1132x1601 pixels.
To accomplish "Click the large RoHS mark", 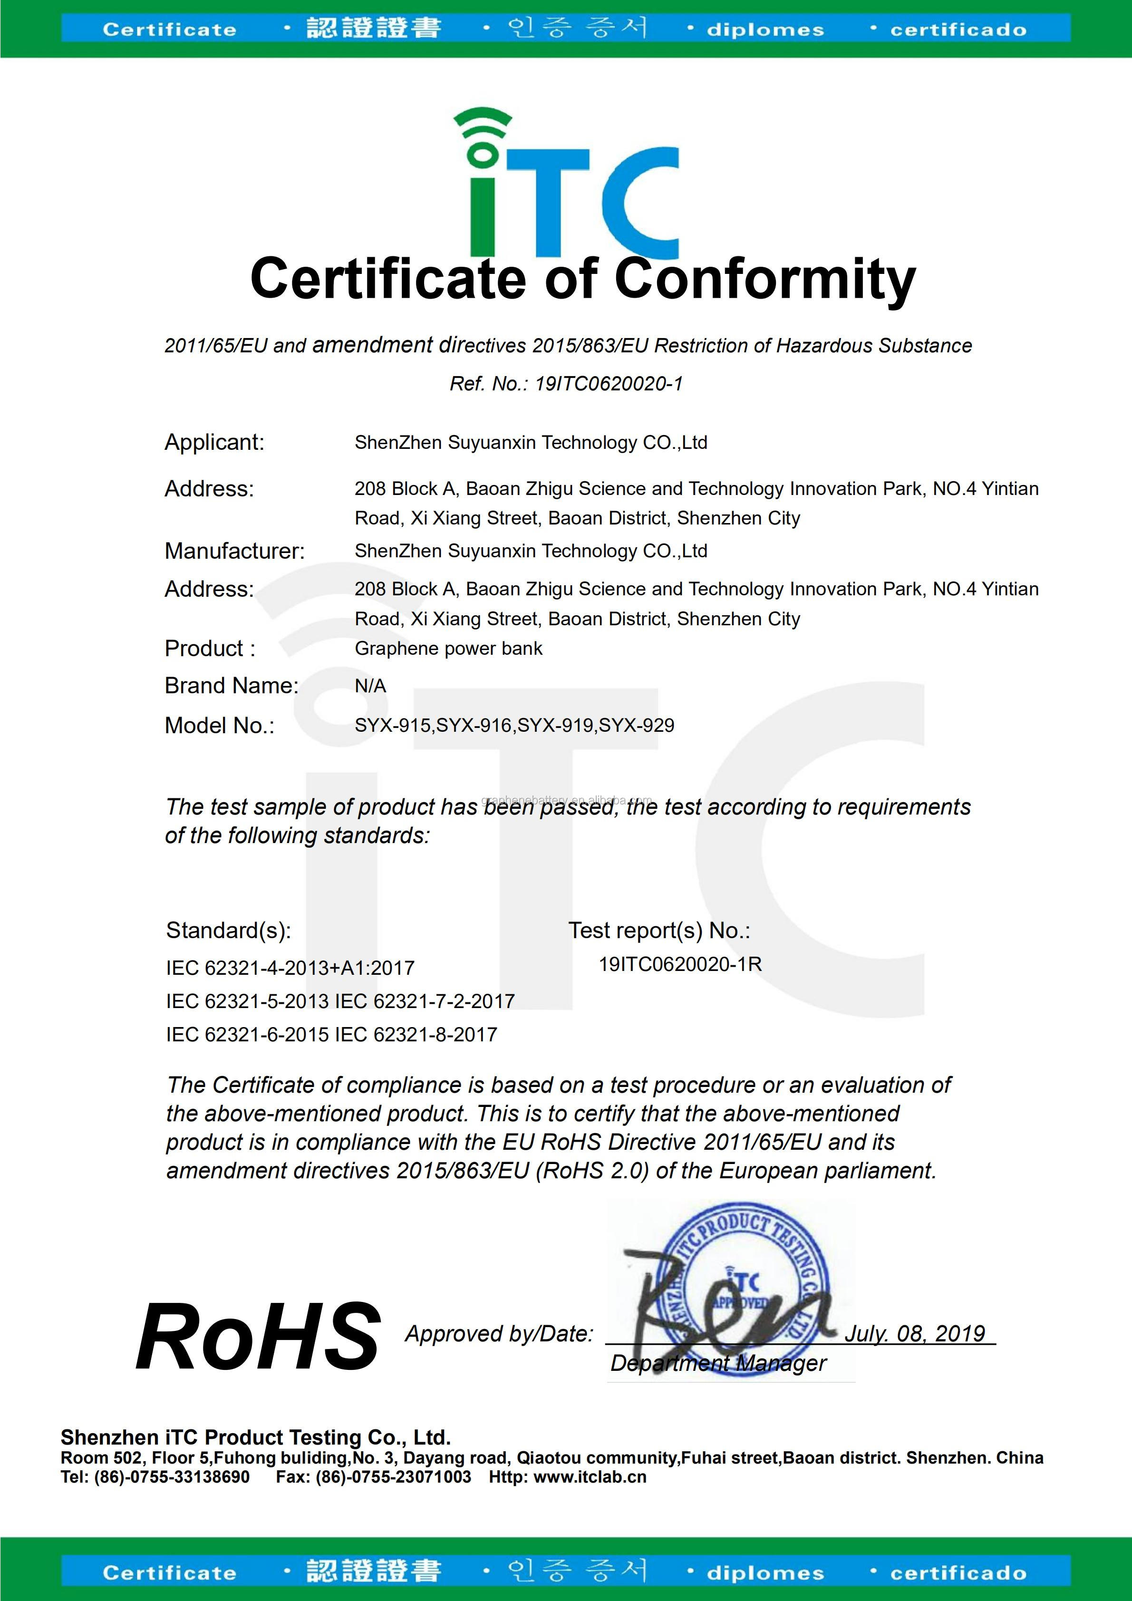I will pyautogui.click(x=258, y=1337).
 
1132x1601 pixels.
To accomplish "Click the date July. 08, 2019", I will pyautogui.click(x=915, y=1334).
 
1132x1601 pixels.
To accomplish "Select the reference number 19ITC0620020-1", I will pyautogui.click(x=609, y=384).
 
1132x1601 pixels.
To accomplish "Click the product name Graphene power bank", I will pyautogui.click(x=448, y=649).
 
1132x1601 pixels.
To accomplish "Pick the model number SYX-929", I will pyautogui.click(x=637, y=725).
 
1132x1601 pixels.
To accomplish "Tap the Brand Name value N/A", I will pyautogui.click(x=370, y=686).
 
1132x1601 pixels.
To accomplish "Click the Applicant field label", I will pyautogui.click(x=214, y=442).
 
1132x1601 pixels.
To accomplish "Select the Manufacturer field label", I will pyautogui.click(x=234, y=551).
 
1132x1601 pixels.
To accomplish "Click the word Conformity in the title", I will pyautogui.click(x=764, y=279).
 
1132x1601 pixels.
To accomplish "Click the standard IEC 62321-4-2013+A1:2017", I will pyautogui.click(x=290, y=968).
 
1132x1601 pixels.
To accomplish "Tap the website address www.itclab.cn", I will pyautogui.click(x=590, y=1477).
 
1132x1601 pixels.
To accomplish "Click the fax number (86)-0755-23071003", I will pyautogui.click(x=393, y=1477).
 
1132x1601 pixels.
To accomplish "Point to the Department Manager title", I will pyautogui.click(x=718, y=1363).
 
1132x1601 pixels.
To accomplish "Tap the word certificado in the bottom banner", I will pyautogui.click(x=958, y=1572).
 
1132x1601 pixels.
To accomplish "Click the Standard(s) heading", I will pyautogui.click(x=228, y=930).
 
